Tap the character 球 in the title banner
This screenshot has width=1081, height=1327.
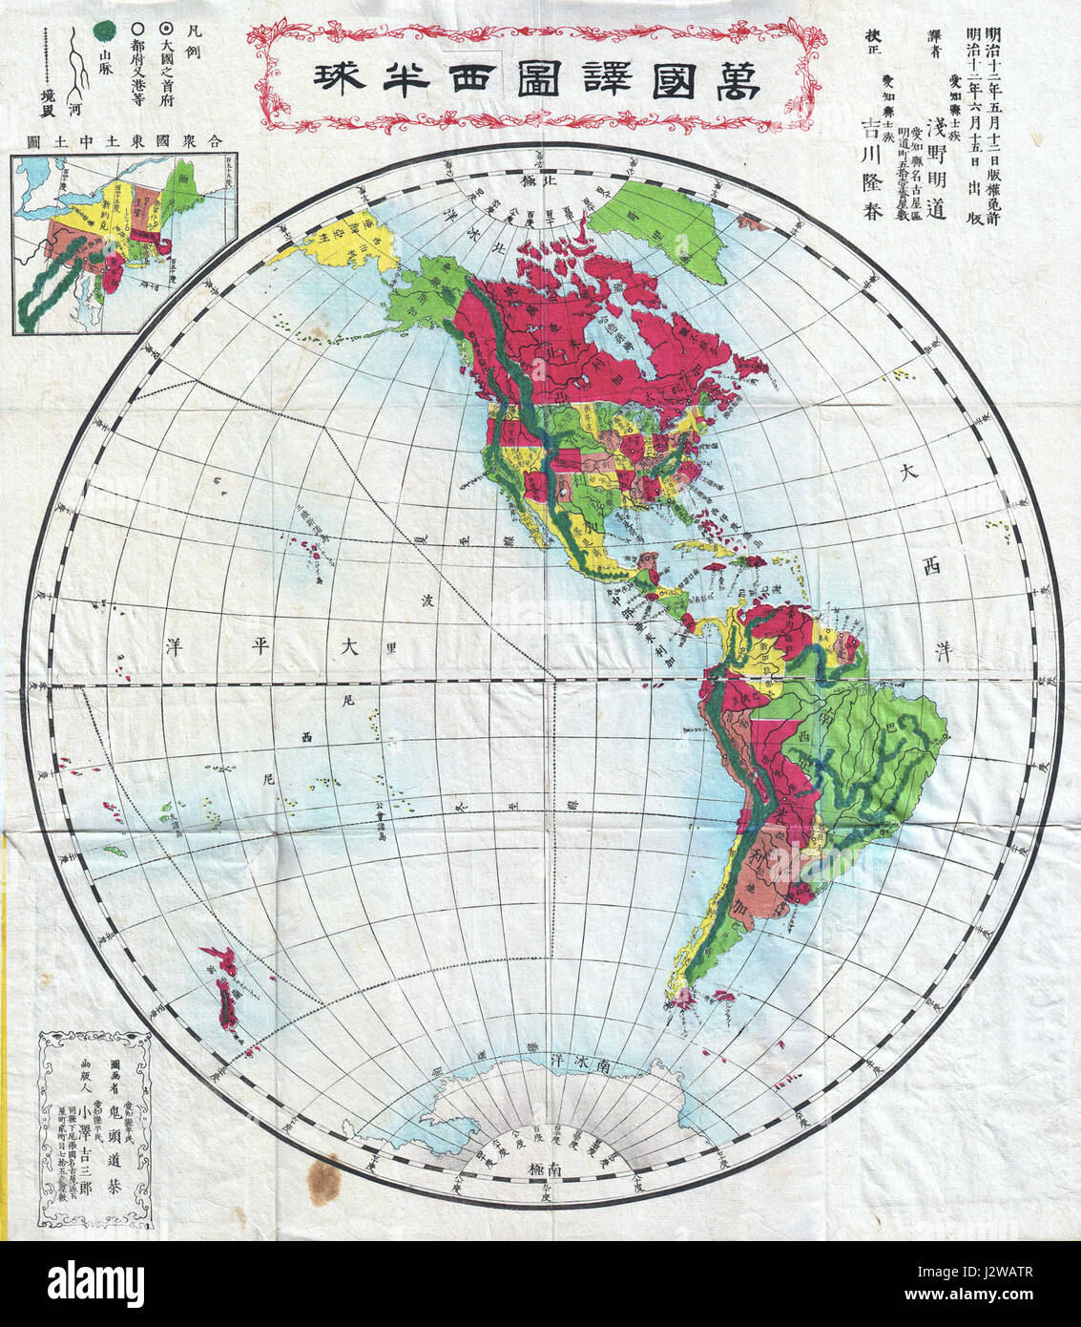point(329,78)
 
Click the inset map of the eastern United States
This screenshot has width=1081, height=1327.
point(124,243)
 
